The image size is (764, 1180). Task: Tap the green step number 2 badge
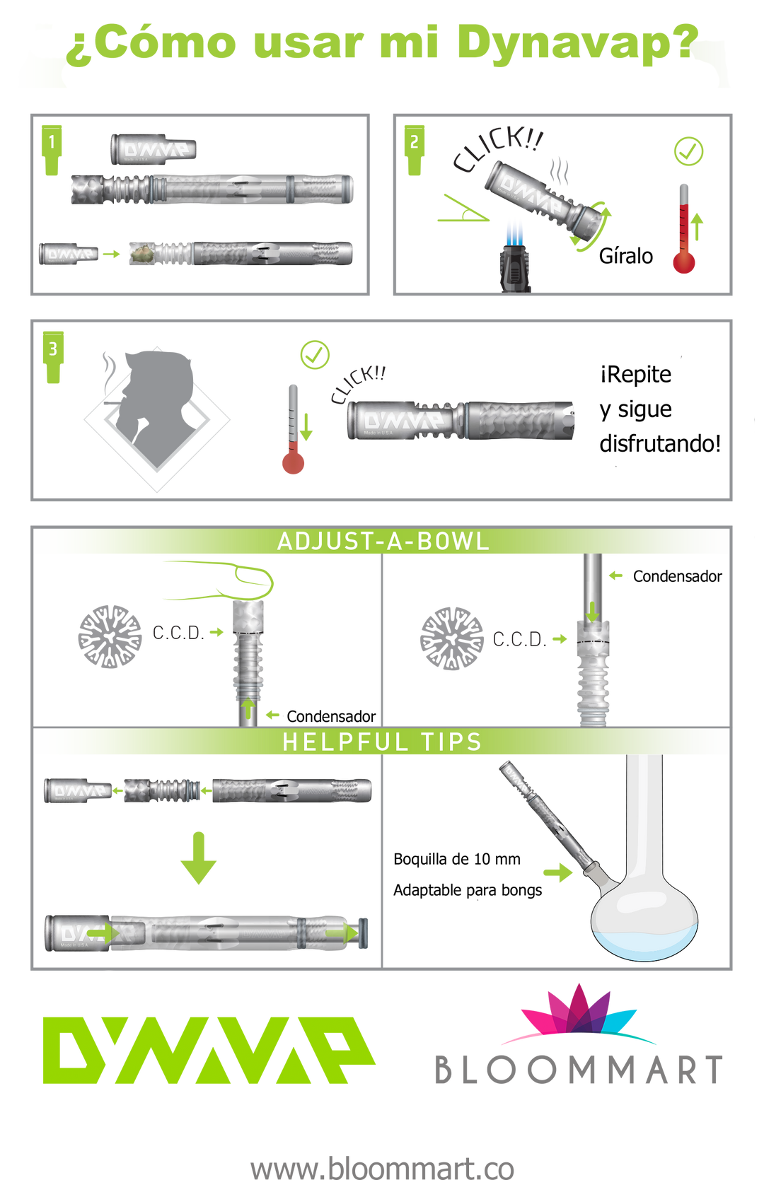click(415, 148)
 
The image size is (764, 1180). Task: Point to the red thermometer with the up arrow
click(684, 230)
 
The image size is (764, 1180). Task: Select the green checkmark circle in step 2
click(688, 151)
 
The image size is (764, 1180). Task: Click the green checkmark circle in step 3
click(315, 354)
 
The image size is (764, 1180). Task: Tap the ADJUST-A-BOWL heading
click(382, 542)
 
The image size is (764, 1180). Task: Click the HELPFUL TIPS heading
click(382, 742)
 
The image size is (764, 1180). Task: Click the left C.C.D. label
click(178, 632)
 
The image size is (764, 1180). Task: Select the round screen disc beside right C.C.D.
click(451, 638)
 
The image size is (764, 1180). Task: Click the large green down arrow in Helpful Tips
click(198, 858)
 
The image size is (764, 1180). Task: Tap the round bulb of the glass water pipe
click(644, 919)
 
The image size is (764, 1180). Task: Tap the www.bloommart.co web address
click(382, 1167)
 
